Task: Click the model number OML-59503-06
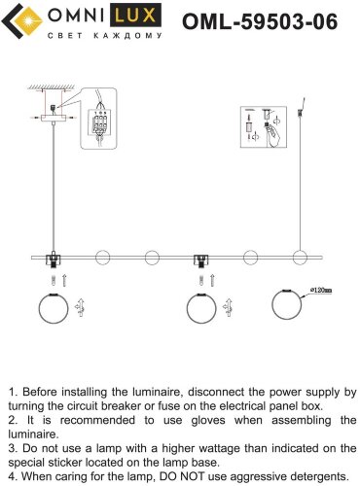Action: click(x=260, y=21)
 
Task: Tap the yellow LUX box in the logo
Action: click(x=135, y=15)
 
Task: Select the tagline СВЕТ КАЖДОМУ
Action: click(x=105, y=35)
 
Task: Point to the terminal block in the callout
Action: click(x=99, y=123)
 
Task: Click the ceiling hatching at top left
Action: click(x=51, y=87)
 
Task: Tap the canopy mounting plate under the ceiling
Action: click(x=54, y=119)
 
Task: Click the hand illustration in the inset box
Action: click(x=273, y=136)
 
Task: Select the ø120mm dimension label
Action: click(x=321, y=291)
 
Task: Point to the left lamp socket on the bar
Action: click(x=54, y=260)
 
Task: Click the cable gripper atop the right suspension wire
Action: click(x=300, y=114)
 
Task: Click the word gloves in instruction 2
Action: click(x=208, y=420)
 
